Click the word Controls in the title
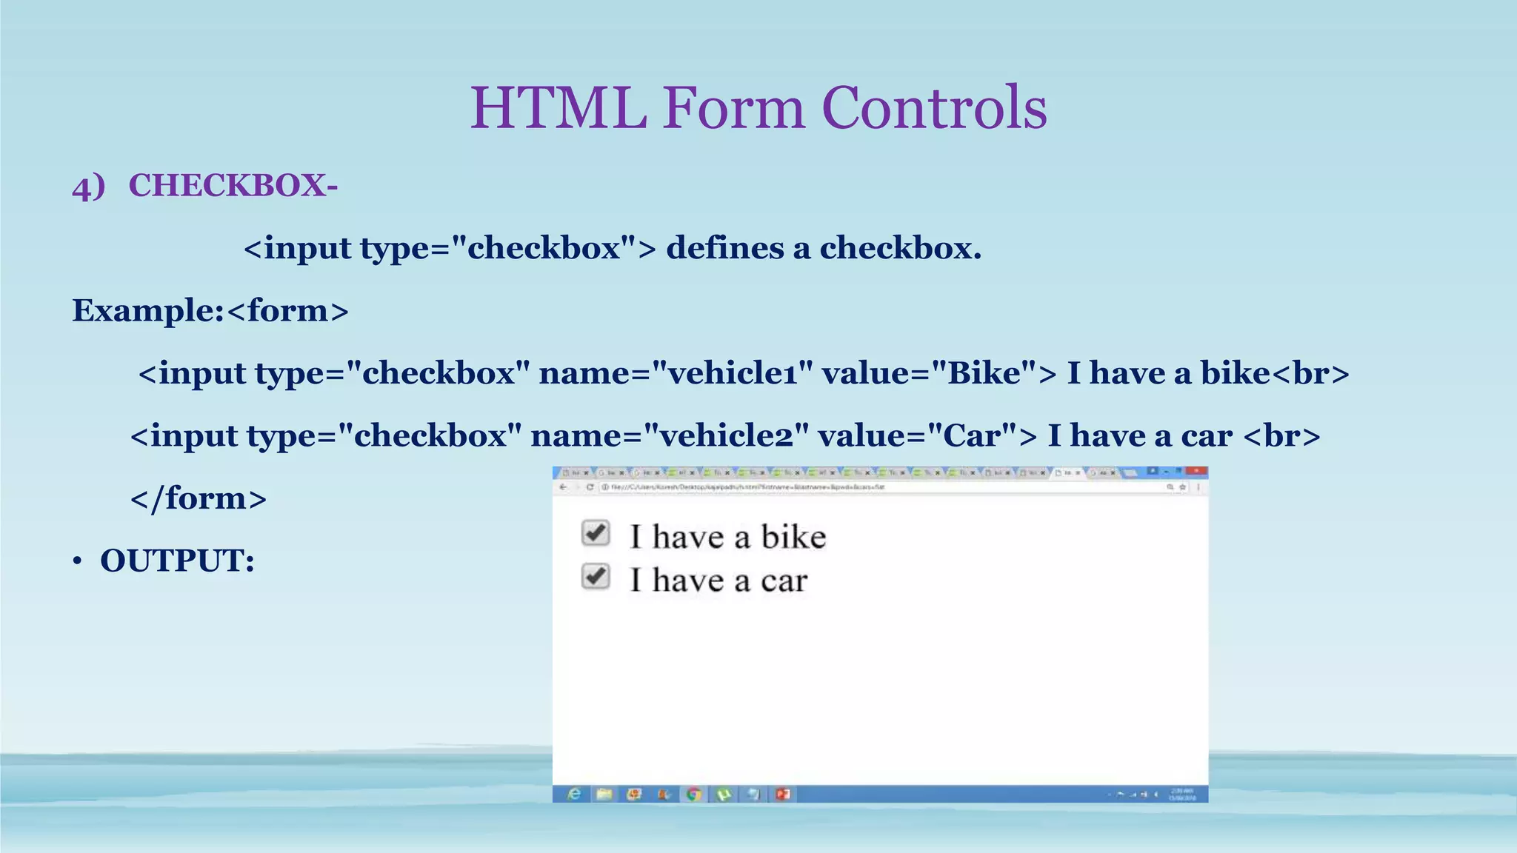click(934, 108)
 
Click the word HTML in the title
click(559, 108)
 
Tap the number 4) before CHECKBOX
click(89, 187)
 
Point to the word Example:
click(147, 310)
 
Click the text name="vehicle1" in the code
click(676, 373)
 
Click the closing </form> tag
click(199, 498)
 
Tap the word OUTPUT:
click(177, 561)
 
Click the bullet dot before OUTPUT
click(77, 562)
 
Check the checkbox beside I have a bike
click(596, 533)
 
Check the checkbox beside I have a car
click(596, 577)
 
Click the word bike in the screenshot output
click(793, 537)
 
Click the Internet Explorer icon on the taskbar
click(574, 795)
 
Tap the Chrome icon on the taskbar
click(693, 795)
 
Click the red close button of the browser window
click(1195, 472)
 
